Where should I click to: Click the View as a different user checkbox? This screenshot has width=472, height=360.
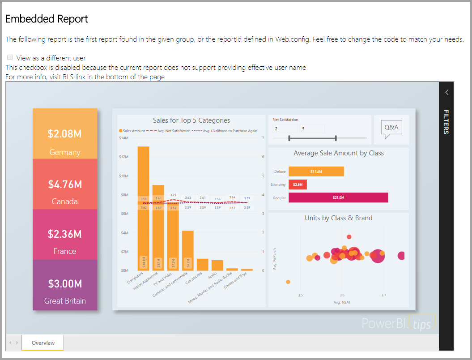point(10,58)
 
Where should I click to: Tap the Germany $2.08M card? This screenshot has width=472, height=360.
point(65,134)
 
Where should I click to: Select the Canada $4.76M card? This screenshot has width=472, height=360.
point(65,184)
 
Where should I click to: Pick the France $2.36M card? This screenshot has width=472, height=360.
point(65,234)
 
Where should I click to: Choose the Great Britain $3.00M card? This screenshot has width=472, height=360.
point(65,285)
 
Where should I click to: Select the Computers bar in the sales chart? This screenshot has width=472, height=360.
point(144,208)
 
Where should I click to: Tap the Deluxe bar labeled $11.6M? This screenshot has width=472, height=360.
point(316,171)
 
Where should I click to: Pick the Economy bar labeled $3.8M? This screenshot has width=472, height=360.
point(298,184)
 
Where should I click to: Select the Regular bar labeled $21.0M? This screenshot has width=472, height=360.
point(338,197)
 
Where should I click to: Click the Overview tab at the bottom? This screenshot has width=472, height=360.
point(43,343)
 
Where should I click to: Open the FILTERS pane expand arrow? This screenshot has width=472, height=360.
point(446,92)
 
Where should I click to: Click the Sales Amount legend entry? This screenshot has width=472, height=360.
point(132,131)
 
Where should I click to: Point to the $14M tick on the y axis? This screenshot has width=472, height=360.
point(123,138)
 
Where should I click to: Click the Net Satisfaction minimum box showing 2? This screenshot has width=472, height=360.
point(285,129)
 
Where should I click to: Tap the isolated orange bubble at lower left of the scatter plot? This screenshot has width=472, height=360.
point(288,282)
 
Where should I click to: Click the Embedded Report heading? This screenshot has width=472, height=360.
point(47,19)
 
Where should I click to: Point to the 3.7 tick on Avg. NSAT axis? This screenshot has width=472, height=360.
point(383,295)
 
